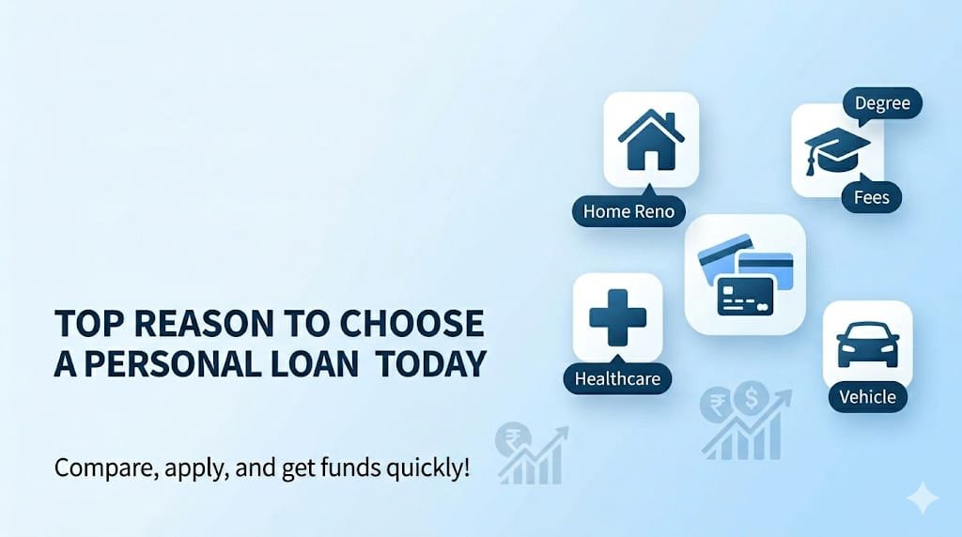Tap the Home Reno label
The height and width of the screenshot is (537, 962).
pyautogui.click(x=628, y=211)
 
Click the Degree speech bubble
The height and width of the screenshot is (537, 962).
pyautogui.click(x=882, y=102)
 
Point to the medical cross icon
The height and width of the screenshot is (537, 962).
pyautogui.click(x=617, y=317)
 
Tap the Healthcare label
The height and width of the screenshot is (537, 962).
pyautogui.click(x=617, y=379)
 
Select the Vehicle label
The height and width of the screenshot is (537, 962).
pyautogui.click(x=867, y=396)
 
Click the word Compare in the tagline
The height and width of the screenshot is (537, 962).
pyautogui.click(x=98, y=467)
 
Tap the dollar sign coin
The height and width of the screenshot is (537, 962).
pyautogui.click(x=751, y=398)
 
